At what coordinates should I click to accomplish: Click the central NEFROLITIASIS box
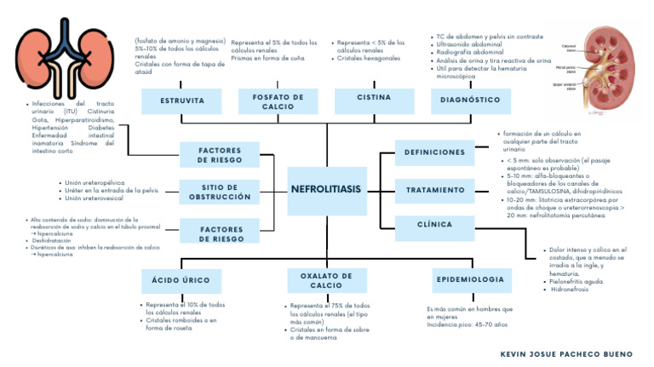[x=325, y=188]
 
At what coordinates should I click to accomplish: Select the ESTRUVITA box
[x=181, y=100]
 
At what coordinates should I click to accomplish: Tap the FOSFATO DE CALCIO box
[x=278, y=101]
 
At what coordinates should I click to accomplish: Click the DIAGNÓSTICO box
[x=470, y=100]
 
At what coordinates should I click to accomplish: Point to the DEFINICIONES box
[x=435, y=153]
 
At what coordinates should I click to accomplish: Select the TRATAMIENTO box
[x=435, y=189]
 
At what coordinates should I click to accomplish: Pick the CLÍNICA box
[x=435, y=226]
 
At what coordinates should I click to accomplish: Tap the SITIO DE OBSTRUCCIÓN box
[x=220, y=192]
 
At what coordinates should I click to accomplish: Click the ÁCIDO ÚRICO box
[x=181, y=280]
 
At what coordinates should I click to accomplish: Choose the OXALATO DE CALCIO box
[x=325, y=280]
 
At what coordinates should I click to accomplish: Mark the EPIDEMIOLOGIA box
[x=469, y=279]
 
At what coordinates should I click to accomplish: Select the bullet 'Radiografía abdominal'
[x=471, y=51]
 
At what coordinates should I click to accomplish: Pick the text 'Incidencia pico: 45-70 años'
[x=469, y=325]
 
